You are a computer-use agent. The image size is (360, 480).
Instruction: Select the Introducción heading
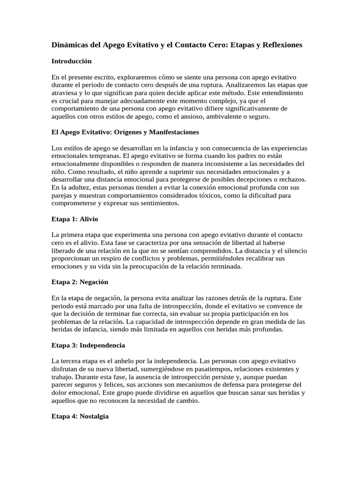(71, 61)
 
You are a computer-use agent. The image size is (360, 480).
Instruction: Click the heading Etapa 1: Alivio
(75, 219)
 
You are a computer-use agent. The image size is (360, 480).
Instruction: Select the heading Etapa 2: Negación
(80, 282)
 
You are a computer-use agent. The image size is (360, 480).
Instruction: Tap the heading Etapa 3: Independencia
(88, 345)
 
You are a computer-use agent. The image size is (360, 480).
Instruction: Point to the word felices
(104, 385)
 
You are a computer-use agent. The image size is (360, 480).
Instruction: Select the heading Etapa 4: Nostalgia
(80, 416)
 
